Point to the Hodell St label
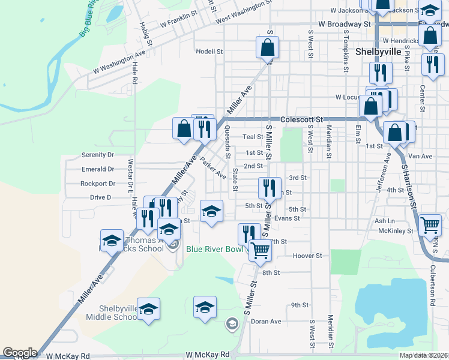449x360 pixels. point(209,52)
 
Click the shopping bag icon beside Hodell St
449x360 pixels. point(268,47)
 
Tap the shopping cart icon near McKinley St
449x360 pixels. point(430,226)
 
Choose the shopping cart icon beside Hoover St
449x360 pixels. point(259,250)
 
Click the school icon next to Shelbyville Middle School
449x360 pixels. point(148,308)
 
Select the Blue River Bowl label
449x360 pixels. point(215,249)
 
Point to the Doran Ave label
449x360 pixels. point(266,322)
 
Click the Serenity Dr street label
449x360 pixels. point(97,155)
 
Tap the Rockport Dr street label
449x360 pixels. point(97,184)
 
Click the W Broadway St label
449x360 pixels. point(344,24)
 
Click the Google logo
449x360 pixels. point(20,353)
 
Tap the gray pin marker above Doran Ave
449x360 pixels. point(232,325)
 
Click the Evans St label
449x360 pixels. point(286,218)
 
